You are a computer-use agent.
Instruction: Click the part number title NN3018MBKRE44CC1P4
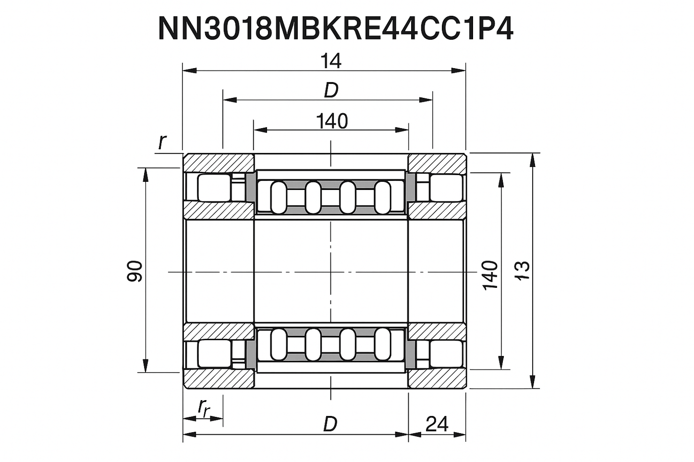click(335, 30)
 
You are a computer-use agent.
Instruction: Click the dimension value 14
click(331, 61)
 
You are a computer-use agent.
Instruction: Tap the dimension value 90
click(135, 271)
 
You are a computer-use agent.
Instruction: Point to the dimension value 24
click(437, 424)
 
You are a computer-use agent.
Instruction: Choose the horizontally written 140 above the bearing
click(332, 121)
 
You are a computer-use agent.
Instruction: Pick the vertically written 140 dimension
click(490, 275)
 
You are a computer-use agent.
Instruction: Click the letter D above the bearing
click(331, 90)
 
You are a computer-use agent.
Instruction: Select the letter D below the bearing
click(330, 424)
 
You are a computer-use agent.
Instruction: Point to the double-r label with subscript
click(204, 408)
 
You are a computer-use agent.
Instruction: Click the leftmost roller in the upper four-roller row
click(278, 197)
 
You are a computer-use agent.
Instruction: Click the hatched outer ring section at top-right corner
click(437, 163)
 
